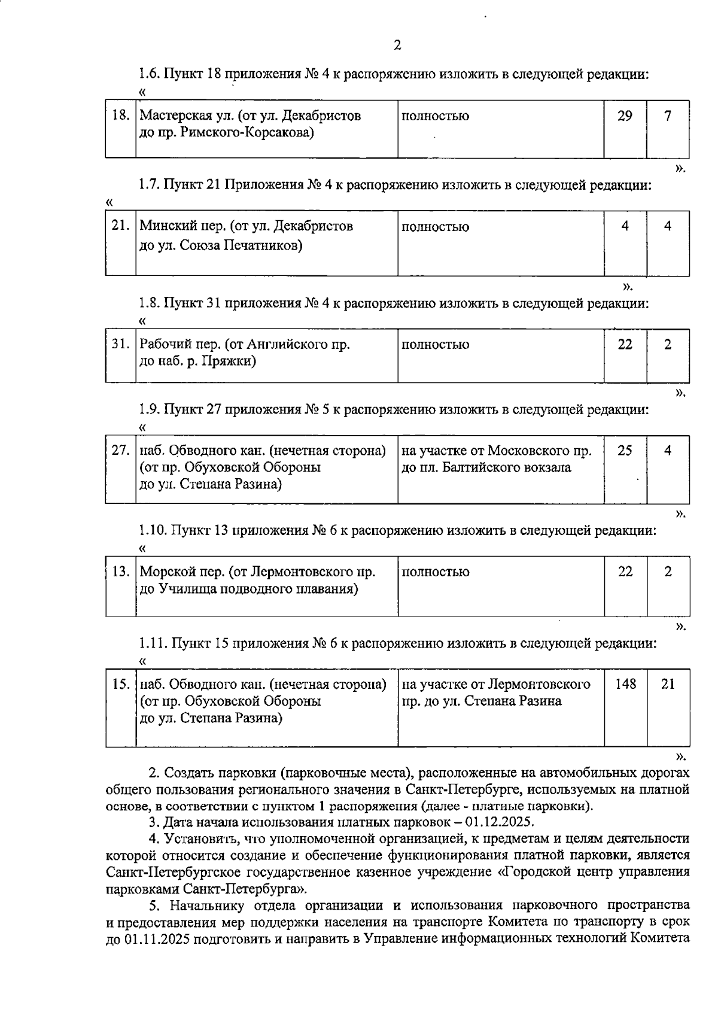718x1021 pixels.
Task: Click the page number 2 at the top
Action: click(x=397, y=45)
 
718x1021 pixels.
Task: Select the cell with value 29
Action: click(x=625, y=116)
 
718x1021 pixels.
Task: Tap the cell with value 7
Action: click(x=668, y=116)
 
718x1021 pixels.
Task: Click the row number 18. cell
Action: click(x=121, y=116)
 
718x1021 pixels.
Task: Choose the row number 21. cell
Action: click(x=121, y=226)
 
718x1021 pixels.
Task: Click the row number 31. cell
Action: click(x=121, y=344)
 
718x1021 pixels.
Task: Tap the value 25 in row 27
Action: click(x=625, y=451)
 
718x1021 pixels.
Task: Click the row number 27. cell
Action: click(x=121, y=451)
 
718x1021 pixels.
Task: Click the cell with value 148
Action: click(x=625, y=683)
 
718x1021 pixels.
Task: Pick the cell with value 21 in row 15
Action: click(x=668, y=683)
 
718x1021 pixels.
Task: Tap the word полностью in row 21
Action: click(x=435, y=227)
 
